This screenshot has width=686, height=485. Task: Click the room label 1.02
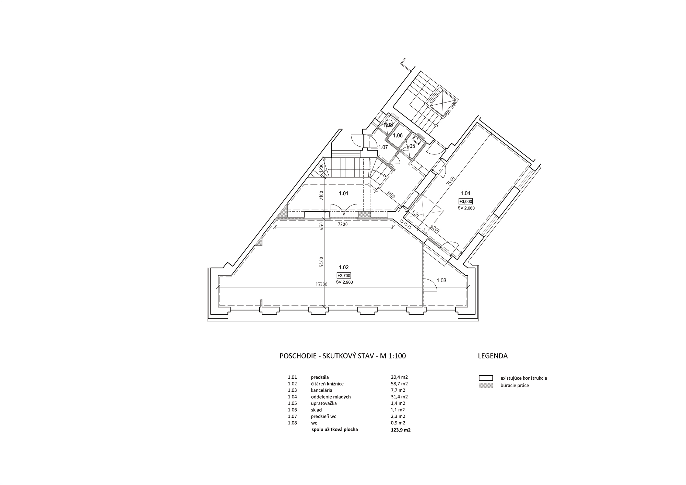click(x=344, y=268)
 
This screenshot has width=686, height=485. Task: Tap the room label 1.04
click(x=465, y=193)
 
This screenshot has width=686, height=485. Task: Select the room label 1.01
click(x=344, y=193)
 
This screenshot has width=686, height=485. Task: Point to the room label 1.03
click(x=441, y=281)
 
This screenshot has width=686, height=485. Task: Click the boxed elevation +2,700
click(x=344, y=275)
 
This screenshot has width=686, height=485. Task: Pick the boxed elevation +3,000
click(x=466, y=202)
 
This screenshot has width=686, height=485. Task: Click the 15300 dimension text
click(x=322, y=284)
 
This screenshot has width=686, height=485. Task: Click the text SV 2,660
click(x=466, y=208)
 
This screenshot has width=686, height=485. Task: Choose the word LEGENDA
click(x=493, y=356)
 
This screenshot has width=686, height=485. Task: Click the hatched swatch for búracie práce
click(x=486, y=386)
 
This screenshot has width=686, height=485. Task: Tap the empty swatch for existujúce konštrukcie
click(x=486, y=378)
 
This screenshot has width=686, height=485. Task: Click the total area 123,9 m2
click(x=398, y=429)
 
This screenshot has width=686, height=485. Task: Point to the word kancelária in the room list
click(x=321, y=390)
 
